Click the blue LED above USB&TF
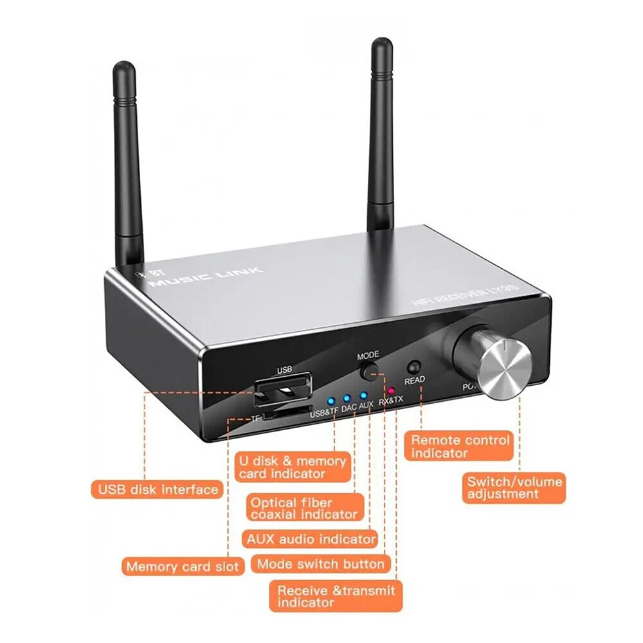tap(329, 399)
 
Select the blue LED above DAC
tap(347, 397)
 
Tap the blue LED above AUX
tap(363, 395)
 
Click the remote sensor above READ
tap(414, 367)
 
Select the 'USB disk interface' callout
tap(158, 489)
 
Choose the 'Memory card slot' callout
tap(183, 566)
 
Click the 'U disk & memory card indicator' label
tap(293, 467)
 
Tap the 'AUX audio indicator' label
tap(310, 538)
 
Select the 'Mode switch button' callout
tap(321, 565)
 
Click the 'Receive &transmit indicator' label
tap(336, 596)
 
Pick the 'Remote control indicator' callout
tap(460, 446)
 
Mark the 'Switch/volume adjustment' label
tap(514, 487)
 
